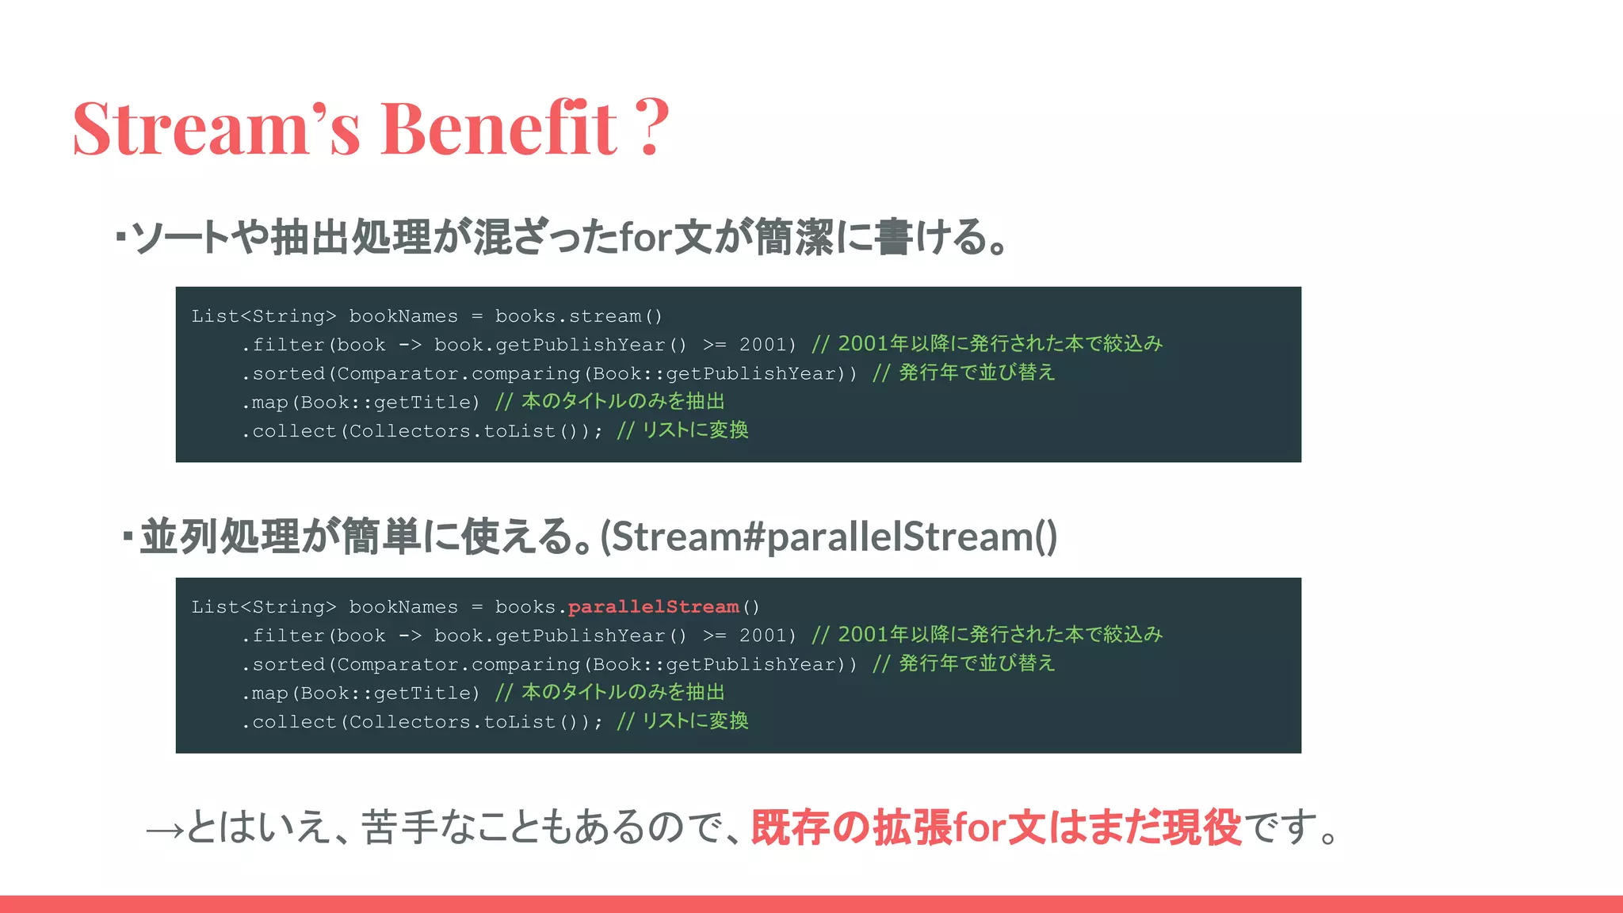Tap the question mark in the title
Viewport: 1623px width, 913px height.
coord(652,127)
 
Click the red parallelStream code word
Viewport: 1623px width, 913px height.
coord(653,607)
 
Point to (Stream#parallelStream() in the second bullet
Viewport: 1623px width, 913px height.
coord(829,537)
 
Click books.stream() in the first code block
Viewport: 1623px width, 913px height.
coord(579,316)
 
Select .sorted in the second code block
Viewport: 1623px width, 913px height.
coord(284,664)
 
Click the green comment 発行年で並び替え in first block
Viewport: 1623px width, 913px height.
coord(976,372)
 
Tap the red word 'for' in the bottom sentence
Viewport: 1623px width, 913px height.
coord(980,827)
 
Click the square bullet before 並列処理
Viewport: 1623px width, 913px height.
coord(128,537)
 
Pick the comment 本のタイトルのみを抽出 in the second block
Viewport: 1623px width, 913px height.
coord(623,692)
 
